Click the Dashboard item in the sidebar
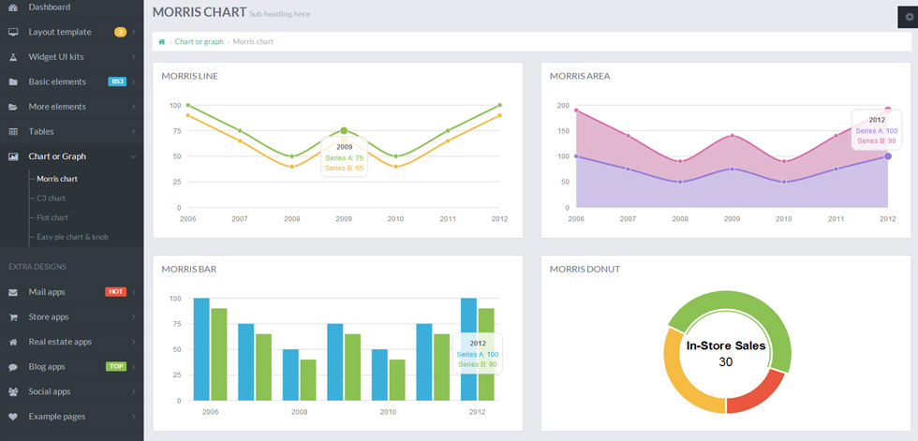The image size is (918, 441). point(49,7)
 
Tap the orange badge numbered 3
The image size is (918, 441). point(120,32)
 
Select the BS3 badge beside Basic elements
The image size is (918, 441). point(117,81)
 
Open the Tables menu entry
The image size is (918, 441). point(41,132)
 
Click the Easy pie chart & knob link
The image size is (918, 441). point(72,237)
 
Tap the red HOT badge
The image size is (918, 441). point(116,291)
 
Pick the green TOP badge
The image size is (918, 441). point(116,366)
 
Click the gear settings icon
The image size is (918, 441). point(910,17)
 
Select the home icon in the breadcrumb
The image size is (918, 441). point(161,41)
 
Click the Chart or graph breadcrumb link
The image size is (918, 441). point(199,41)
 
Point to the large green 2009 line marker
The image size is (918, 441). point(344,131)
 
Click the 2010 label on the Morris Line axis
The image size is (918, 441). point(395,219)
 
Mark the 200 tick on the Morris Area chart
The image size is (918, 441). point(563,105)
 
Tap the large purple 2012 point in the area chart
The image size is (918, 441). point(888,156)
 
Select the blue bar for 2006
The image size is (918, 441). point(201,349)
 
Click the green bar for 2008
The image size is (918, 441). point(308,379)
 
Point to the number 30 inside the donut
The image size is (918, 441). point(725,362)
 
